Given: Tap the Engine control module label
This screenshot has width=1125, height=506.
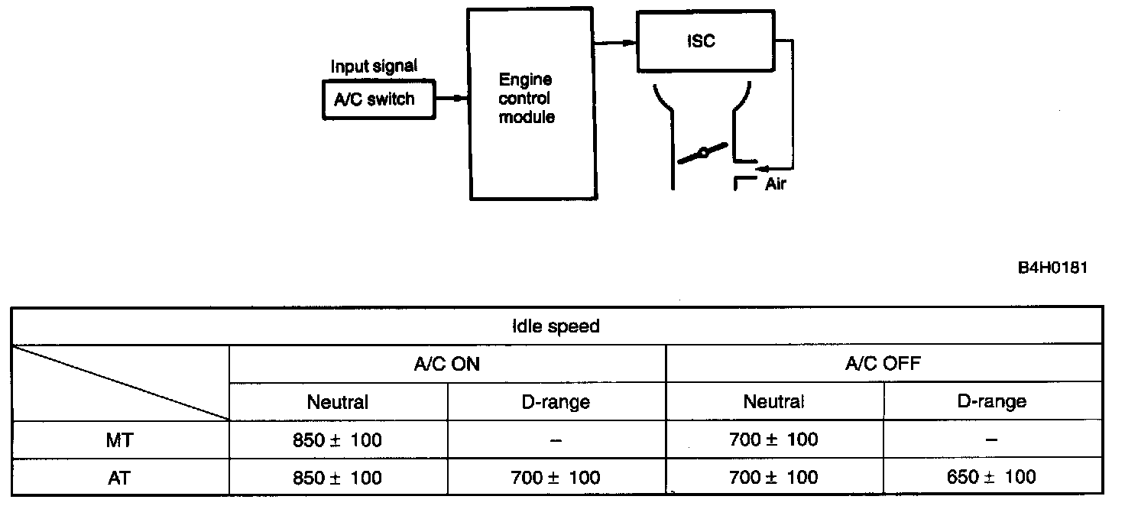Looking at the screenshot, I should click(526, 99).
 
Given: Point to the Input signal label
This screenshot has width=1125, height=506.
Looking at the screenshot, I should click(374, 66).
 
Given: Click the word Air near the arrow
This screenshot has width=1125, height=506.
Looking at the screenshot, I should click(775, 184).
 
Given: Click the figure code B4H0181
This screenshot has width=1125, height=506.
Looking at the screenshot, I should click(1052, 268).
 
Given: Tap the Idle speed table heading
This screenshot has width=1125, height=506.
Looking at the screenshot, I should click(556, 326).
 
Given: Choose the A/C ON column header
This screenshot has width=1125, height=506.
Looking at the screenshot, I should click(447, 364).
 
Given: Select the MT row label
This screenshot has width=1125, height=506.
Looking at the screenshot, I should click(119, 440).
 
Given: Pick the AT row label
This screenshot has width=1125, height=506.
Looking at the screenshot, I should click(119, 478).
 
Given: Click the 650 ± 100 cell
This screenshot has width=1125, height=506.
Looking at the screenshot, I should click(991, 478).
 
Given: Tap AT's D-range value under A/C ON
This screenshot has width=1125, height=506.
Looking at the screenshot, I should click(556, 478).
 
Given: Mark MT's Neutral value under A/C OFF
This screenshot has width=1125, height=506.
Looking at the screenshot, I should click(773, 440).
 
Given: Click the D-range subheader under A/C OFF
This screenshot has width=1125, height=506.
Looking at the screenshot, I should click(991, 401).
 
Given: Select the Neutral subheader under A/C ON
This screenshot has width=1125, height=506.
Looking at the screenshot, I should click(337, 401).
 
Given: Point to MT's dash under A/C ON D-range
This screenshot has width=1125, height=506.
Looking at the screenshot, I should click(556, 440).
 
